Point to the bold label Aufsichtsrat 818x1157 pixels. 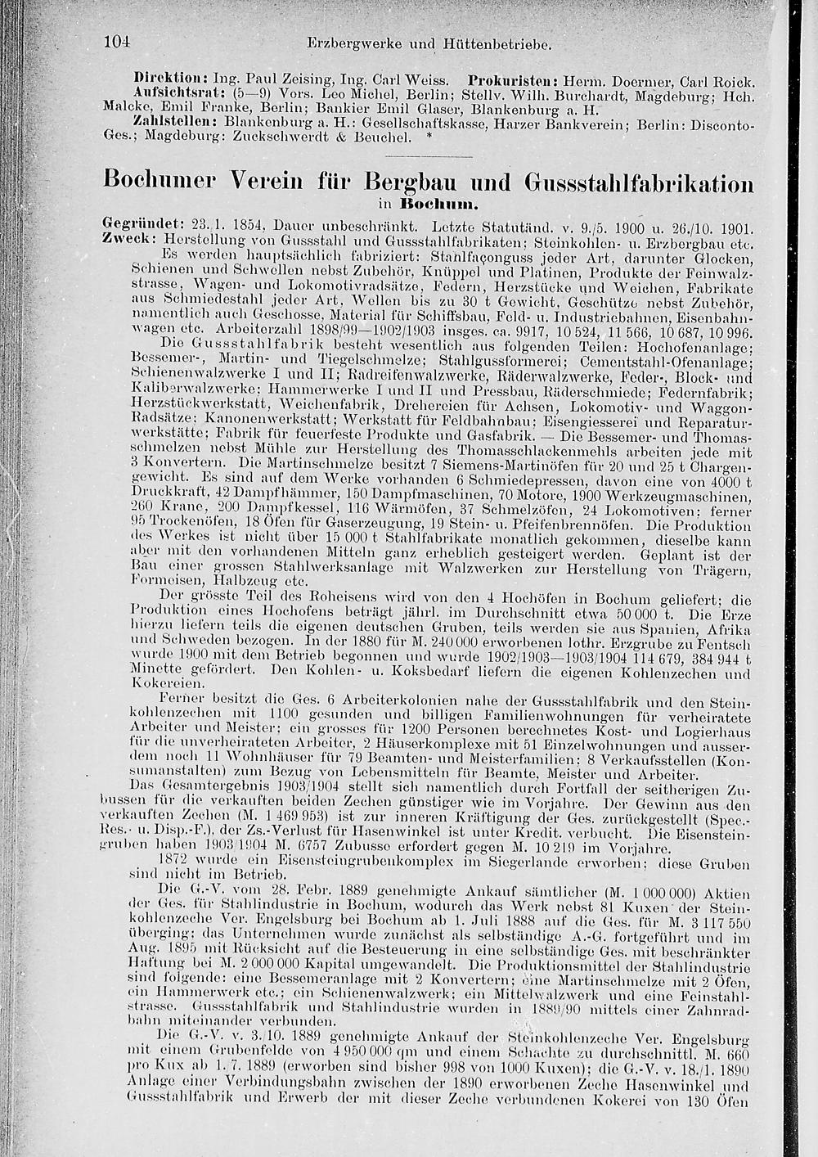point(167,93)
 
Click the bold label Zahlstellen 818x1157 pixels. point(169,119)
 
